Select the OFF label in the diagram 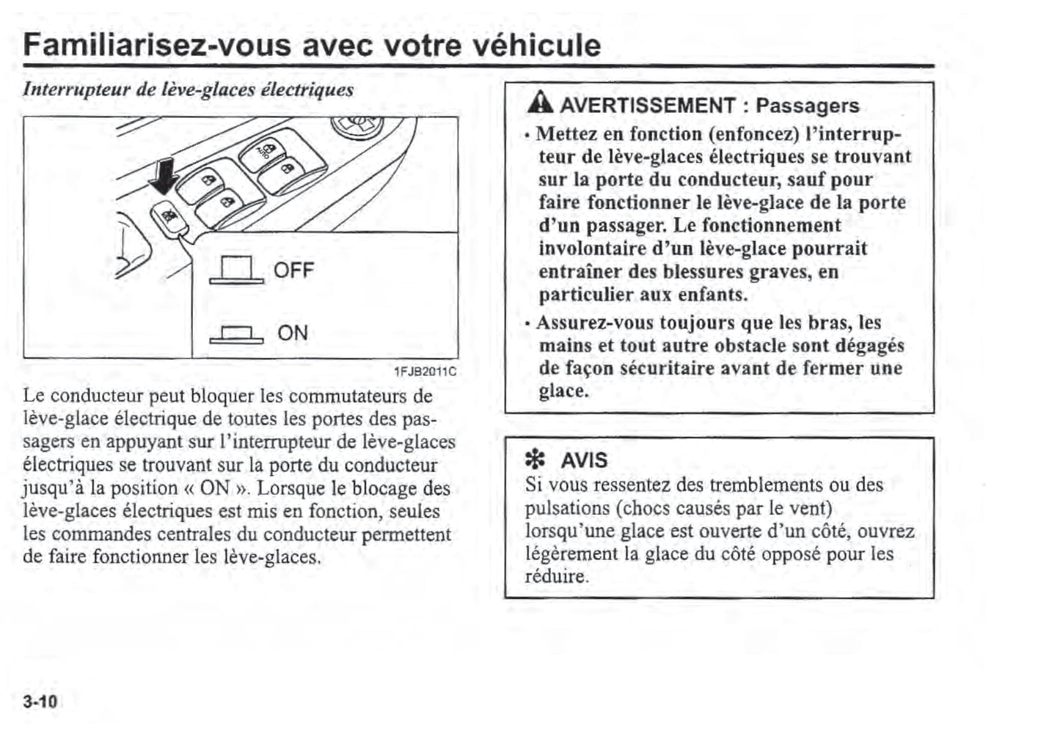[293, 271]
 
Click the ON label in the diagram [293, 333]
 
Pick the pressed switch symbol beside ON [236, 334]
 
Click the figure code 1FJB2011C [425, 372]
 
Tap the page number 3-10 [40, 702]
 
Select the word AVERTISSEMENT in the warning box [647, 106]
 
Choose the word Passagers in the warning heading [807, 106]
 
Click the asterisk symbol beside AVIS [536, 460]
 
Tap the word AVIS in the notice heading [584, 460]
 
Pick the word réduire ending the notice [556, 576]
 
